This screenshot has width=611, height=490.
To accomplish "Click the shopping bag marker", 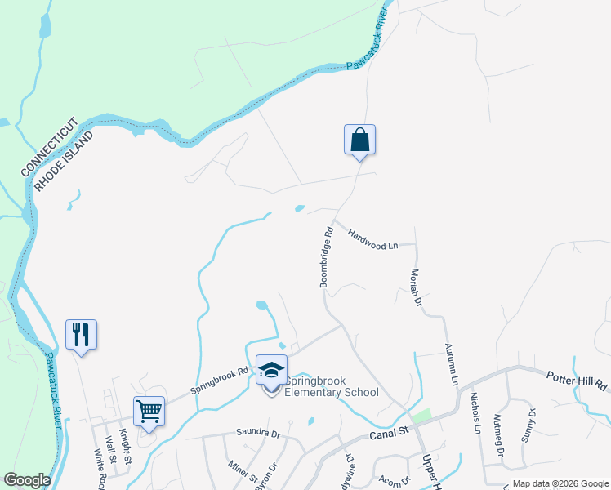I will (x=359, y=140).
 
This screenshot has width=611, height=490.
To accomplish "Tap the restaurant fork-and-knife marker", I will (x=82, y=335).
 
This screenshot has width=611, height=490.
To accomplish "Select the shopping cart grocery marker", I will (x=149, y=411).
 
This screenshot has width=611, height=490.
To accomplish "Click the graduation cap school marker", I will (x=271, y=372).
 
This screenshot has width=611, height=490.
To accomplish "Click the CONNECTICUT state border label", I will (x=50, y=147).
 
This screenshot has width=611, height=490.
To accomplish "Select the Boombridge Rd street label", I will (x=327, y=256).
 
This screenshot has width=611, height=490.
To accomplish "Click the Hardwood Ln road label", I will (x=372, y=238).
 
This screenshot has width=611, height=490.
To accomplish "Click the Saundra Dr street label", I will (x=257, y=433).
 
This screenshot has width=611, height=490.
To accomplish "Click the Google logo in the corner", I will (x=27, y=480).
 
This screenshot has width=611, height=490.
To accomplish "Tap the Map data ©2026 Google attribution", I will (x=560, y=483).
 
